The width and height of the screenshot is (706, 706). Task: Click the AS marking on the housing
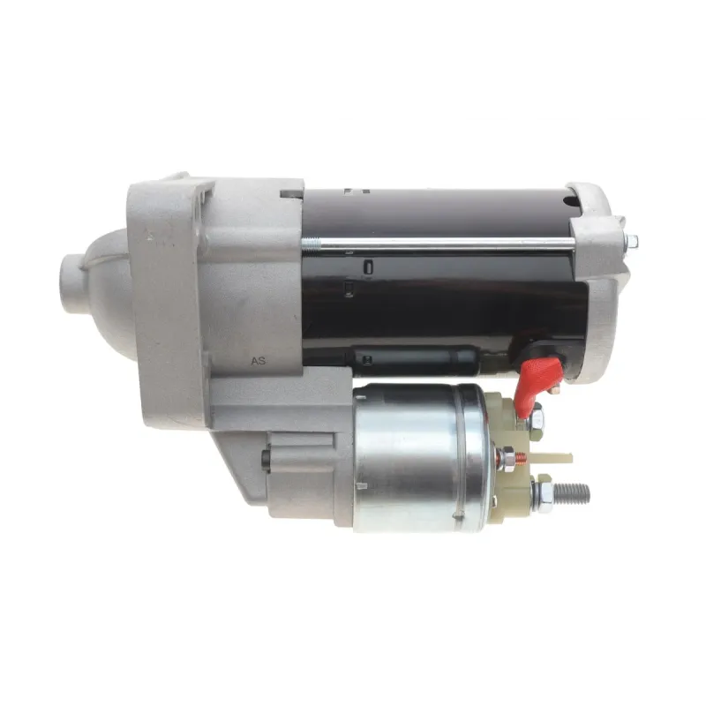[x=259, y=361]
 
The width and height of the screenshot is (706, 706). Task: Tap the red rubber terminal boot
[x=539, y=384]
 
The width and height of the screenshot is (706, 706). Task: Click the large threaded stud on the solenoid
[x=571, y=492]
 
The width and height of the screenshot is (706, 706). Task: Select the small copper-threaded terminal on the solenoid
[x=521, y=456]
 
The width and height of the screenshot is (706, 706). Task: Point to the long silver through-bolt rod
[x=439, y=244]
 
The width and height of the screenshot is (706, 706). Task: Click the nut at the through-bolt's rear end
[x=632, y=242]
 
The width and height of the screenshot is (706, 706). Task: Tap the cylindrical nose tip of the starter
[x=73, y=282]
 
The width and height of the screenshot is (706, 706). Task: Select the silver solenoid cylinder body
[x=421, y=457]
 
